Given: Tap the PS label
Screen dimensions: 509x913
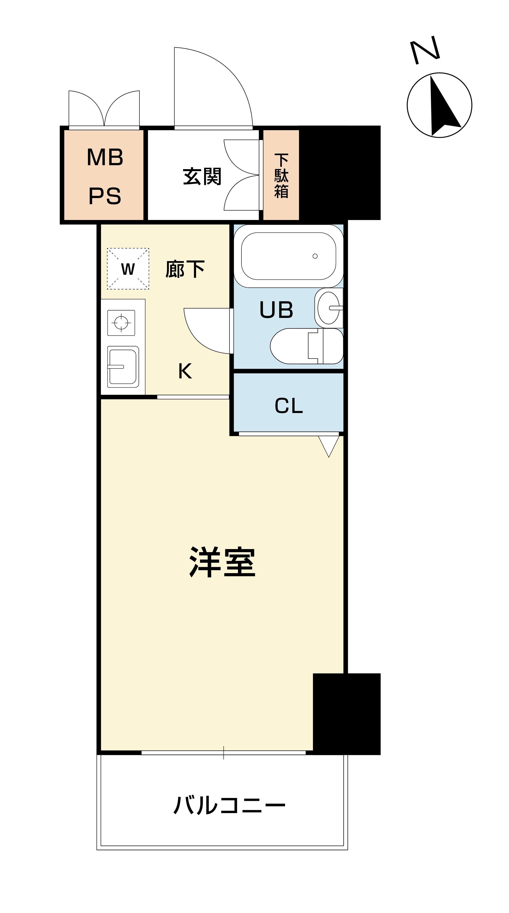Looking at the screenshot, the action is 105,196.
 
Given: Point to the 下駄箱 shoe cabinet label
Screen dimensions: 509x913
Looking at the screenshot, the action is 281,176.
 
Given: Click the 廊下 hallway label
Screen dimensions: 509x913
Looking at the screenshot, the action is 185,269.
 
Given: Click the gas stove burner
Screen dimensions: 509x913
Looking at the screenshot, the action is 121,323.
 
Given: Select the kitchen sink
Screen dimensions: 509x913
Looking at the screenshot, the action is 123,367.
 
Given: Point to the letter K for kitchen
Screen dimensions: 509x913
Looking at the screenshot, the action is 185,371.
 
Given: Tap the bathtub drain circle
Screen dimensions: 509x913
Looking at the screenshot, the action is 315,256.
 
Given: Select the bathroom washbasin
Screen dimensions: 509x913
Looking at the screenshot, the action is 329,308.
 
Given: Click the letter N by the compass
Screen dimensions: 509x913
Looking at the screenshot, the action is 425,50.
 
